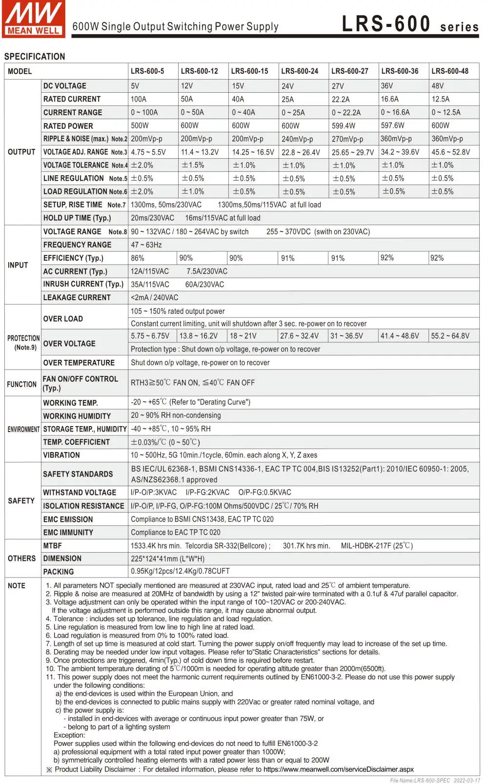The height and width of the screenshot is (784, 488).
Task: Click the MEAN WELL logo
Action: point(33,19)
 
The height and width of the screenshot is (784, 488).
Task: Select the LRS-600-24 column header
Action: point(300,71)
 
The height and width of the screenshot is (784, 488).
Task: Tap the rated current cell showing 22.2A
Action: point(341,99)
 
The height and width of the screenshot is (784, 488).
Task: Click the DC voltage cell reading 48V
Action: point(438,86)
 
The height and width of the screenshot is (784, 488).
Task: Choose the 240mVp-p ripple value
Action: point(297,139)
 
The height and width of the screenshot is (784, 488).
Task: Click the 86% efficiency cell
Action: point(138,258)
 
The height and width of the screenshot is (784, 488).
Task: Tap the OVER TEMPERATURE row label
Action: point(79,363)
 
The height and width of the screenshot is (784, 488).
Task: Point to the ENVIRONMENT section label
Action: point(23,429)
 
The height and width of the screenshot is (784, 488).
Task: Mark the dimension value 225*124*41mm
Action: point(167,558)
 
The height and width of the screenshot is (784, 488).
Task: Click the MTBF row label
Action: point(53,545)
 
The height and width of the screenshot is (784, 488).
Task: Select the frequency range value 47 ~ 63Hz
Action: point(146,245)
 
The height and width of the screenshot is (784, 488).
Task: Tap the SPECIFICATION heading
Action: point(35,57)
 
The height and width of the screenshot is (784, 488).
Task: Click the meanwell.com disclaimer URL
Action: point(338,769)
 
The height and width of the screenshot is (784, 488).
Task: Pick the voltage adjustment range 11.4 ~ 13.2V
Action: point(200,152)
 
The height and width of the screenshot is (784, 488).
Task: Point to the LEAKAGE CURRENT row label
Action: point(77,298)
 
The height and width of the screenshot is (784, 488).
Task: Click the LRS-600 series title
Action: point(410,24)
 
